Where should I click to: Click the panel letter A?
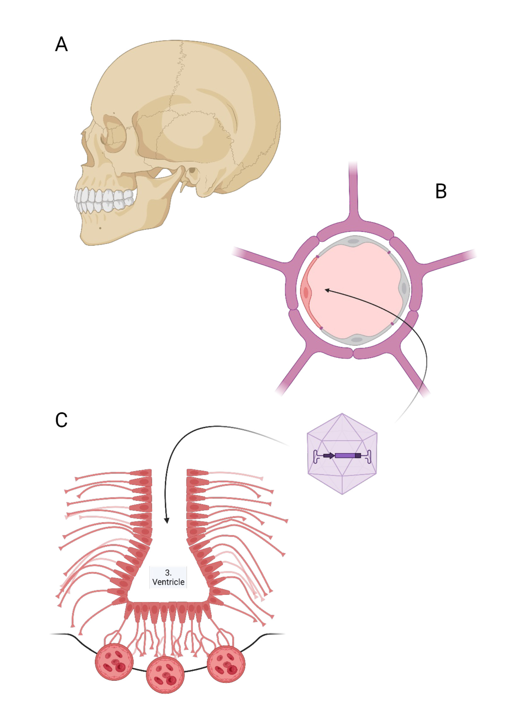[61, 44]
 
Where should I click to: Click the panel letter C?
[61, 420]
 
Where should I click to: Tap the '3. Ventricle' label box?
[168, 577]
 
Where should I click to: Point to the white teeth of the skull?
[104, 201]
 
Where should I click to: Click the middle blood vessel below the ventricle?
[165, 675]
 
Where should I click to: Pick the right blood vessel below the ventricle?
[226, 664]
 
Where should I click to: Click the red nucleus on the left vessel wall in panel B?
[306, 293]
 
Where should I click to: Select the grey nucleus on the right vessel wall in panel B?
[404, 288]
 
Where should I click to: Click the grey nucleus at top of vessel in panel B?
[354, 241]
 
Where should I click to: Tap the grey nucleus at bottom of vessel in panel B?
[357, 340]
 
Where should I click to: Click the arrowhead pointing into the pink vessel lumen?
[327, 290]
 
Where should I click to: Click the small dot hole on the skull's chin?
[100, 228]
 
